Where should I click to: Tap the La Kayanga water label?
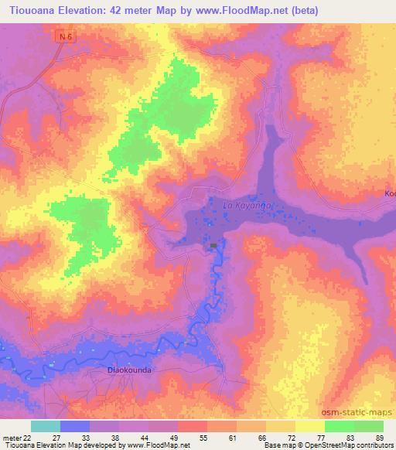(x=244, y=206)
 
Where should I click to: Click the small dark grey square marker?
(x=213, y=246)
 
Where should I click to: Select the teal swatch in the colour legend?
(x=46, y=426)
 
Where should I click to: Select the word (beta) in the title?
(x=303, y=11)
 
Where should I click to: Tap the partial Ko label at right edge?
(x=389, y=193)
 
